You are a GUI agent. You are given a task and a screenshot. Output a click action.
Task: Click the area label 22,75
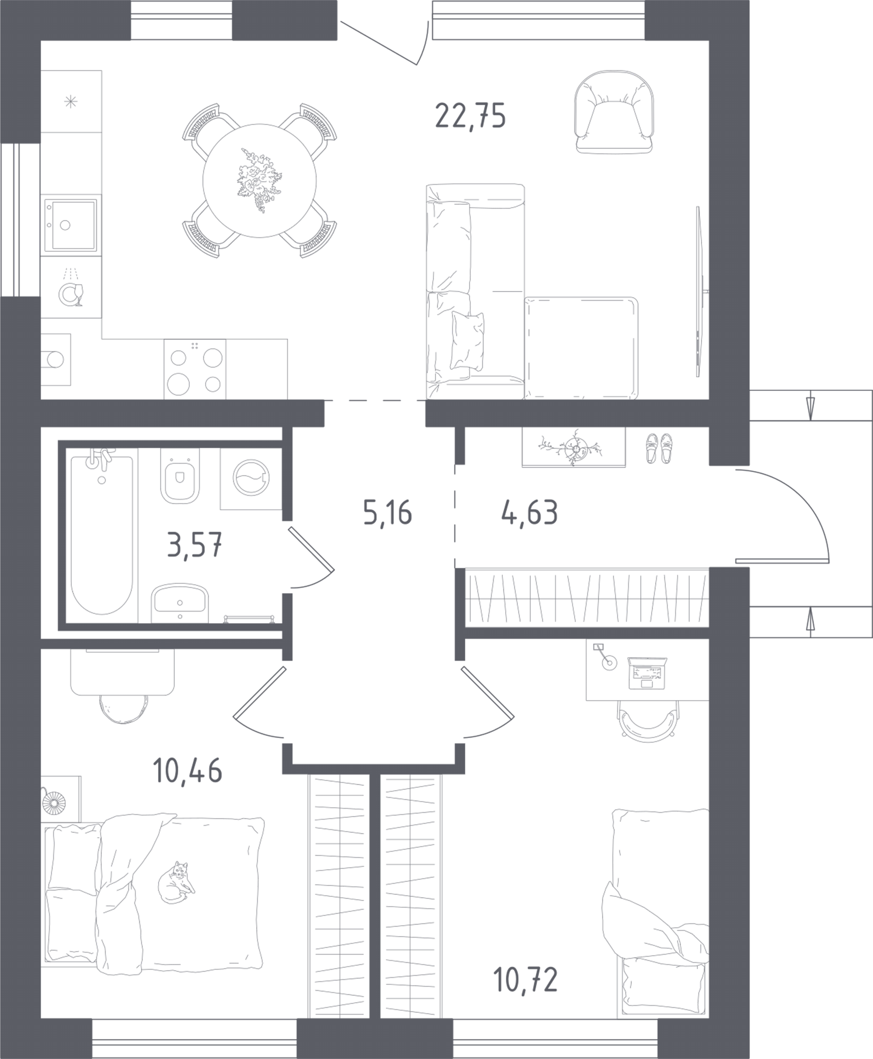(x=470, y=116)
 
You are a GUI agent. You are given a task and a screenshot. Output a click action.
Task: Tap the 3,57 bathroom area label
(x=195, y=546)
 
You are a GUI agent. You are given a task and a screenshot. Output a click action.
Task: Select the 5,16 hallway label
(x=387, y=513)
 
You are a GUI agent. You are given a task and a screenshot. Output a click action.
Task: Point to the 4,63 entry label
(x=529, y=513)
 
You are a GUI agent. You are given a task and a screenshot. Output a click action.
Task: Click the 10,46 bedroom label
(x=187, y=771)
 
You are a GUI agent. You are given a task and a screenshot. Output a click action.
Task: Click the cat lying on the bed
(x=175, y=883)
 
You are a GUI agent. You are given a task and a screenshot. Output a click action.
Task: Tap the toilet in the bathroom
(x=180, y=477)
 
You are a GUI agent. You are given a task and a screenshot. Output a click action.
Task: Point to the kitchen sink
(x=70, y=225)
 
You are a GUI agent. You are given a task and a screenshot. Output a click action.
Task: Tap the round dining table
(x=259, y=180)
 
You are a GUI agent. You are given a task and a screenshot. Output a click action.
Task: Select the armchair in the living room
(x=614, y=112)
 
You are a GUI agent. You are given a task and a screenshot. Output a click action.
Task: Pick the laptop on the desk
(x=647, y=673)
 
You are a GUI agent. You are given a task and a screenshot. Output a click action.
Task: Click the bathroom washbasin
(x=180, y=602)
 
